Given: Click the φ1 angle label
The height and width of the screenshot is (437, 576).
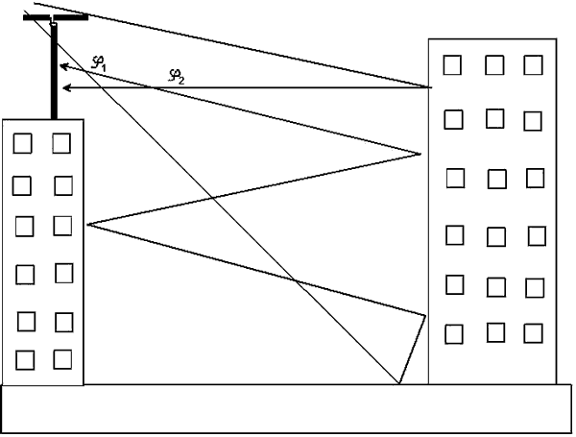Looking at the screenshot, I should (x=99, y=62).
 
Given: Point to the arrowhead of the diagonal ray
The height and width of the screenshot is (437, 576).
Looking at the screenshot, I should (x=61, y=67).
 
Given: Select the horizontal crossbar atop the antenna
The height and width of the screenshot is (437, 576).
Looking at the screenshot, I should (x=56, y=16).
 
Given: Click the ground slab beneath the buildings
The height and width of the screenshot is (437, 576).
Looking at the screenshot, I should (x=288, y=409).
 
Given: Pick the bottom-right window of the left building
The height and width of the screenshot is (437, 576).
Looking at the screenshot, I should (x=63, y=359).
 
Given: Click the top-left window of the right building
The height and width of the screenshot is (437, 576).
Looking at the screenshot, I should (x=452, y=64).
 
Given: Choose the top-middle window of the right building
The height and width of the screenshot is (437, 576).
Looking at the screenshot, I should (x=494, y=64).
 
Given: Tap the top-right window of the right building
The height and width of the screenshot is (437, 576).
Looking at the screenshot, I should (x=534, y=64).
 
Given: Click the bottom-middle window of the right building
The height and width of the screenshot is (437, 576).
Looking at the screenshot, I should (x=496, y=332).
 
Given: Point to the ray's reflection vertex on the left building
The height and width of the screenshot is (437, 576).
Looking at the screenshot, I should (x=87, y=224).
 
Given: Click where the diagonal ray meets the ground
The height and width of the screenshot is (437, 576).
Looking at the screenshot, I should (x=398, y=384).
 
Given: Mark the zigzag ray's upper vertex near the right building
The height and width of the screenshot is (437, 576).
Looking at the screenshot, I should (x=420, y=153).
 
